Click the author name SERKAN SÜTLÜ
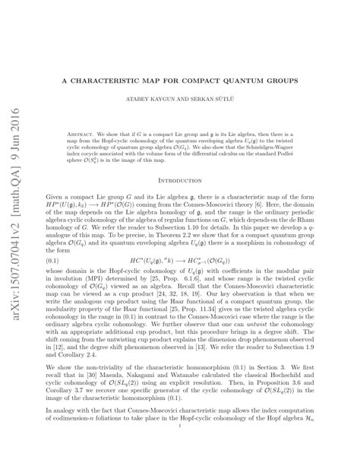223,98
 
